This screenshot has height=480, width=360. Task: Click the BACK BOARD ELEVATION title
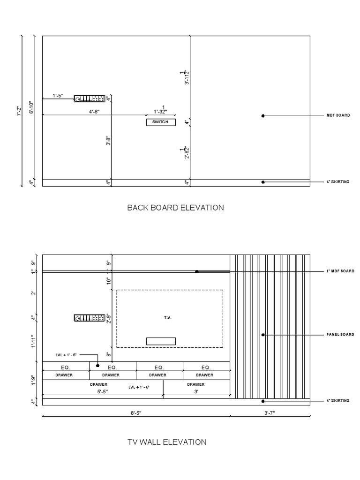pos(175,208)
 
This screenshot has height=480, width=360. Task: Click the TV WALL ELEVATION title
pos(167,442)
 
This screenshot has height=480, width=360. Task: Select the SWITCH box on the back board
pos(161,122)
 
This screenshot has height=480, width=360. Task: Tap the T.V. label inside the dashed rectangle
pos(168,318)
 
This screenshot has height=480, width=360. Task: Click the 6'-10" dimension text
pos(32,108)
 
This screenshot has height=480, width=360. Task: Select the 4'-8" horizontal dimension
pos(94,112)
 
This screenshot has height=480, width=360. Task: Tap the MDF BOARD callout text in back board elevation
pos(338,115)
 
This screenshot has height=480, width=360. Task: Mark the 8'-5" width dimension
pos(136,412)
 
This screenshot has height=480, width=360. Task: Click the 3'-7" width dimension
pos(270,412)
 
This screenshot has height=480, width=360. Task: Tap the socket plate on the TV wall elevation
pos(89,318)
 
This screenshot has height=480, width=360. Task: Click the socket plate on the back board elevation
pos(89,98)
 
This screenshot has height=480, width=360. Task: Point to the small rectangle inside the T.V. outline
pos(161,341)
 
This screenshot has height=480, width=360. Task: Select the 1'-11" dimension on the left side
pos(32,341)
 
